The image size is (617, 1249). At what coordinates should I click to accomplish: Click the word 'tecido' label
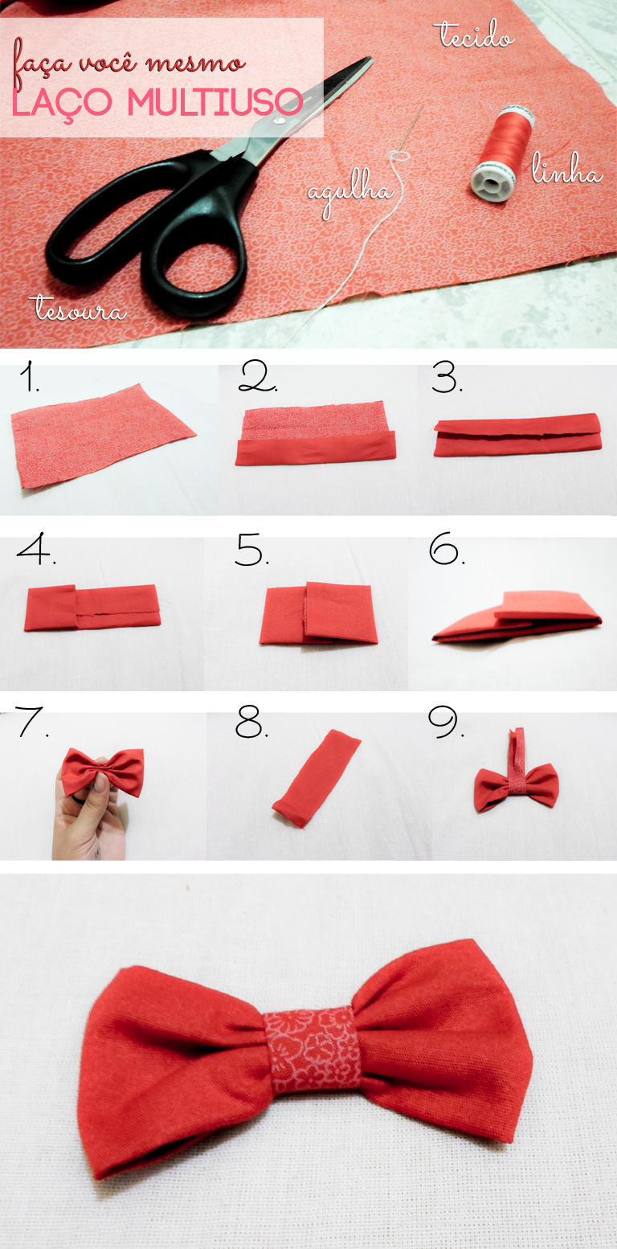click(474, 35)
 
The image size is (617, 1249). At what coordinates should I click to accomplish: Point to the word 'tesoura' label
click(79, 309)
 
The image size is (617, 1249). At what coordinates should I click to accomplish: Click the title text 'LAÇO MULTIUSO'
click(158, 102)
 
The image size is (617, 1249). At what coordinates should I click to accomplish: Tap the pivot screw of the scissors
click(278, 121)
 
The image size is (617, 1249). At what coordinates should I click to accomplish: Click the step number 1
click(30, 378)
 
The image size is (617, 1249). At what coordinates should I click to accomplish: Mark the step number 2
click(257, 378)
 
